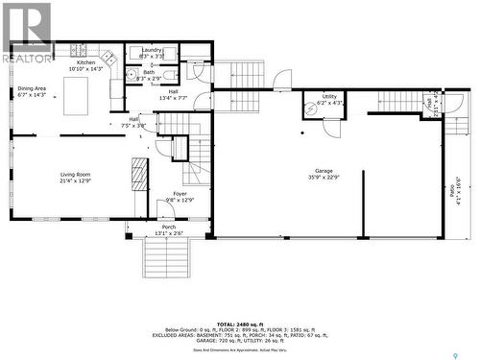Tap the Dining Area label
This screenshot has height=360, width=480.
[x=31, y=88]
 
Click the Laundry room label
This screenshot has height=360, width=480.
[x=151, y=49]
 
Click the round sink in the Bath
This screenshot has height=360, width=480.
[x=130, y=75]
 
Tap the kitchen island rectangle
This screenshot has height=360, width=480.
[x=76, y=95]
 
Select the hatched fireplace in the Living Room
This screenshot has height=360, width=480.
[x=139, y=176]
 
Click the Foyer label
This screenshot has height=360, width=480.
[x=180, y=194]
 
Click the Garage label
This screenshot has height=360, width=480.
[x=323, y=171]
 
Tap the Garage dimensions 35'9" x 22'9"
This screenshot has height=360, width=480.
[x=323, y=178]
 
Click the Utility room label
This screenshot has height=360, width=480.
[x=329, y=97]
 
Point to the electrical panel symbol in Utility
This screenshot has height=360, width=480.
[x=311, y=109]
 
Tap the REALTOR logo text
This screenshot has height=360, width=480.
[x=26, y=59]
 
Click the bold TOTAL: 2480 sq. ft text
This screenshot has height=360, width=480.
[x=239, y=324]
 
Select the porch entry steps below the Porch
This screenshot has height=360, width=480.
[x=167, y=257]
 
